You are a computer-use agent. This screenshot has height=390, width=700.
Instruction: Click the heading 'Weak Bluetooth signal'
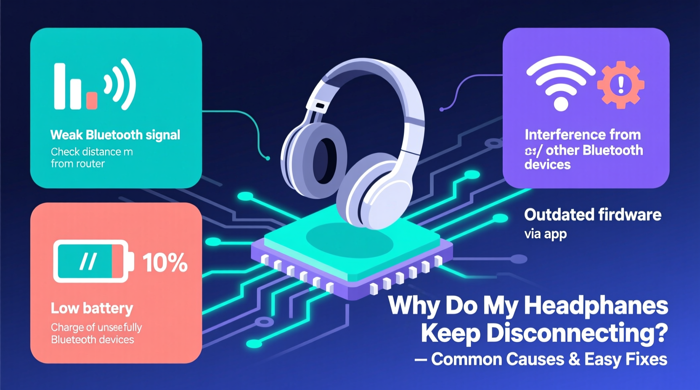point(115,135)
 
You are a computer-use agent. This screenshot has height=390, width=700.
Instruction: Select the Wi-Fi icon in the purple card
point(560,83)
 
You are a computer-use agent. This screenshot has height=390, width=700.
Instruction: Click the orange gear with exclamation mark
point(620,84)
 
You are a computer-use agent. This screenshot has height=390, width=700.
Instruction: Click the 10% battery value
point(165,263)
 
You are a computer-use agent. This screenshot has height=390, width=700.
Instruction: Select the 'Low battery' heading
point(92,308)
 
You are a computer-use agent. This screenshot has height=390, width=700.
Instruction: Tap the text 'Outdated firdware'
point(592,215)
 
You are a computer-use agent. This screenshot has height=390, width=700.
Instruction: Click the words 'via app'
point(545,234)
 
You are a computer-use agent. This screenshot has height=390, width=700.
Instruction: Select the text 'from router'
point(78,163)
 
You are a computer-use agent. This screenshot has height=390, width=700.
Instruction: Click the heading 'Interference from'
point(583,134)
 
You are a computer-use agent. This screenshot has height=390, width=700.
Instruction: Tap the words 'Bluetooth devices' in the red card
point(93,340)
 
